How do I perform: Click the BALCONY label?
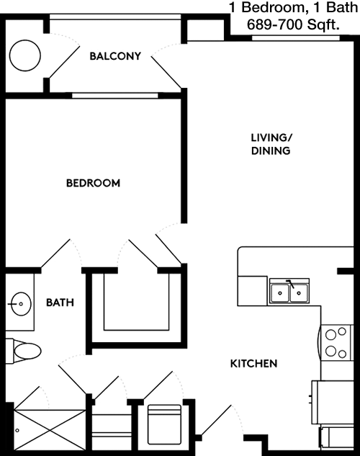(x=115, y=55)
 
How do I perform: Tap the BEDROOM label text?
(x=93, y=183)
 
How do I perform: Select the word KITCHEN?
(x=253, y=364)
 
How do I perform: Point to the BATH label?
(x=60, y=303)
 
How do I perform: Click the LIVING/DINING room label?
(x=271, y=144)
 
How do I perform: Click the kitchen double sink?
(x=290, y=292)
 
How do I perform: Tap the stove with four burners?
(x=335, y=343)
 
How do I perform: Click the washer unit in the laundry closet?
(x=163, y=425)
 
